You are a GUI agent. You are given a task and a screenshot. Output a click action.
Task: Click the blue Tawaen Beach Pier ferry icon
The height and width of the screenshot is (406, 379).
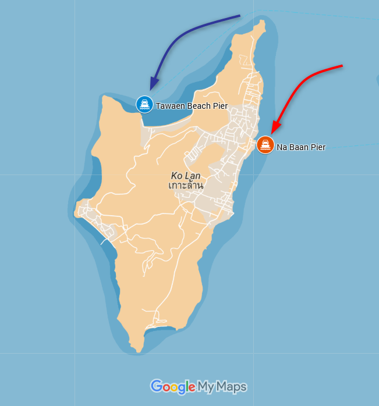[x=144, y=105]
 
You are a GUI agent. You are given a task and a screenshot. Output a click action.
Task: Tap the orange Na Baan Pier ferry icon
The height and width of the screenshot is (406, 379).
[x=265, y=144]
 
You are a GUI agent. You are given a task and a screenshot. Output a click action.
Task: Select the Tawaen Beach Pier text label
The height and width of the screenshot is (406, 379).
[x=192, y=106]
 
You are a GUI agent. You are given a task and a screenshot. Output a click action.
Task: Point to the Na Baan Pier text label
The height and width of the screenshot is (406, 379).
[x=301, y=147]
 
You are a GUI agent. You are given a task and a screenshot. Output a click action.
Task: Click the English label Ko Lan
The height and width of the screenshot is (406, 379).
[x=186, y=175]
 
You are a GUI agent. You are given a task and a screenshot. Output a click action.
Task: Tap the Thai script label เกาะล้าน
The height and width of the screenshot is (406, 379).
[x=186, y=186]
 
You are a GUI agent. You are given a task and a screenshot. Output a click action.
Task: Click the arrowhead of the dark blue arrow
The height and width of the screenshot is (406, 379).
[x=152, y=86]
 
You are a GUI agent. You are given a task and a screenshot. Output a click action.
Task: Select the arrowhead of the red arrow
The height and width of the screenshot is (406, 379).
[x=274, y=130]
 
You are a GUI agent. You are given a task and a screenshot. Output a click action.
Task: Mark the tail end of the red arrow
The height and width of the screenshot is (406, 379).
[x=342, y=66]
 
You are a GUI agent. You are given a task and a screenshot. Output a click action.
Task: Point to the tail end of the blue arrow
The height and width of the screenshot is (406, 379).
[x=239, y=16]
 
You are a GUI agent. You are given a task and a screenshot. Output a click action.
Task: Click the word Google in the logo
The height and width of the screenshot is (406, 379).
[x=172, y=386]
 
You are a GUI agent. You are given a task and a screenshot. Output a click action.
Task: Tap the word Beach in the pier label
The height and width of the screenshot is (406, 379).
[x=199, y=106]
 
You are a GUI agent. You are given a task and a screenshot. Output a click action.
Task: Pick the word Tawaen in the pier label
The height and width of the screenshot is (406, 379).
[x=169, y=106]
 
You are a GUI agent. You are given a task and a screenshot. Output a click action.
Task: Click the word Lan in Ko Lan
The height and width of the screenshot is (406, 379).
[x=193, y=175]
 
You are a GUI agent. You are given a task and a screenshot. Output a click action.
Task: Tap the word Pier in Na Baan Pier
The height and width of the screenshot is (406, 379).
[x=318, y=147]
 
